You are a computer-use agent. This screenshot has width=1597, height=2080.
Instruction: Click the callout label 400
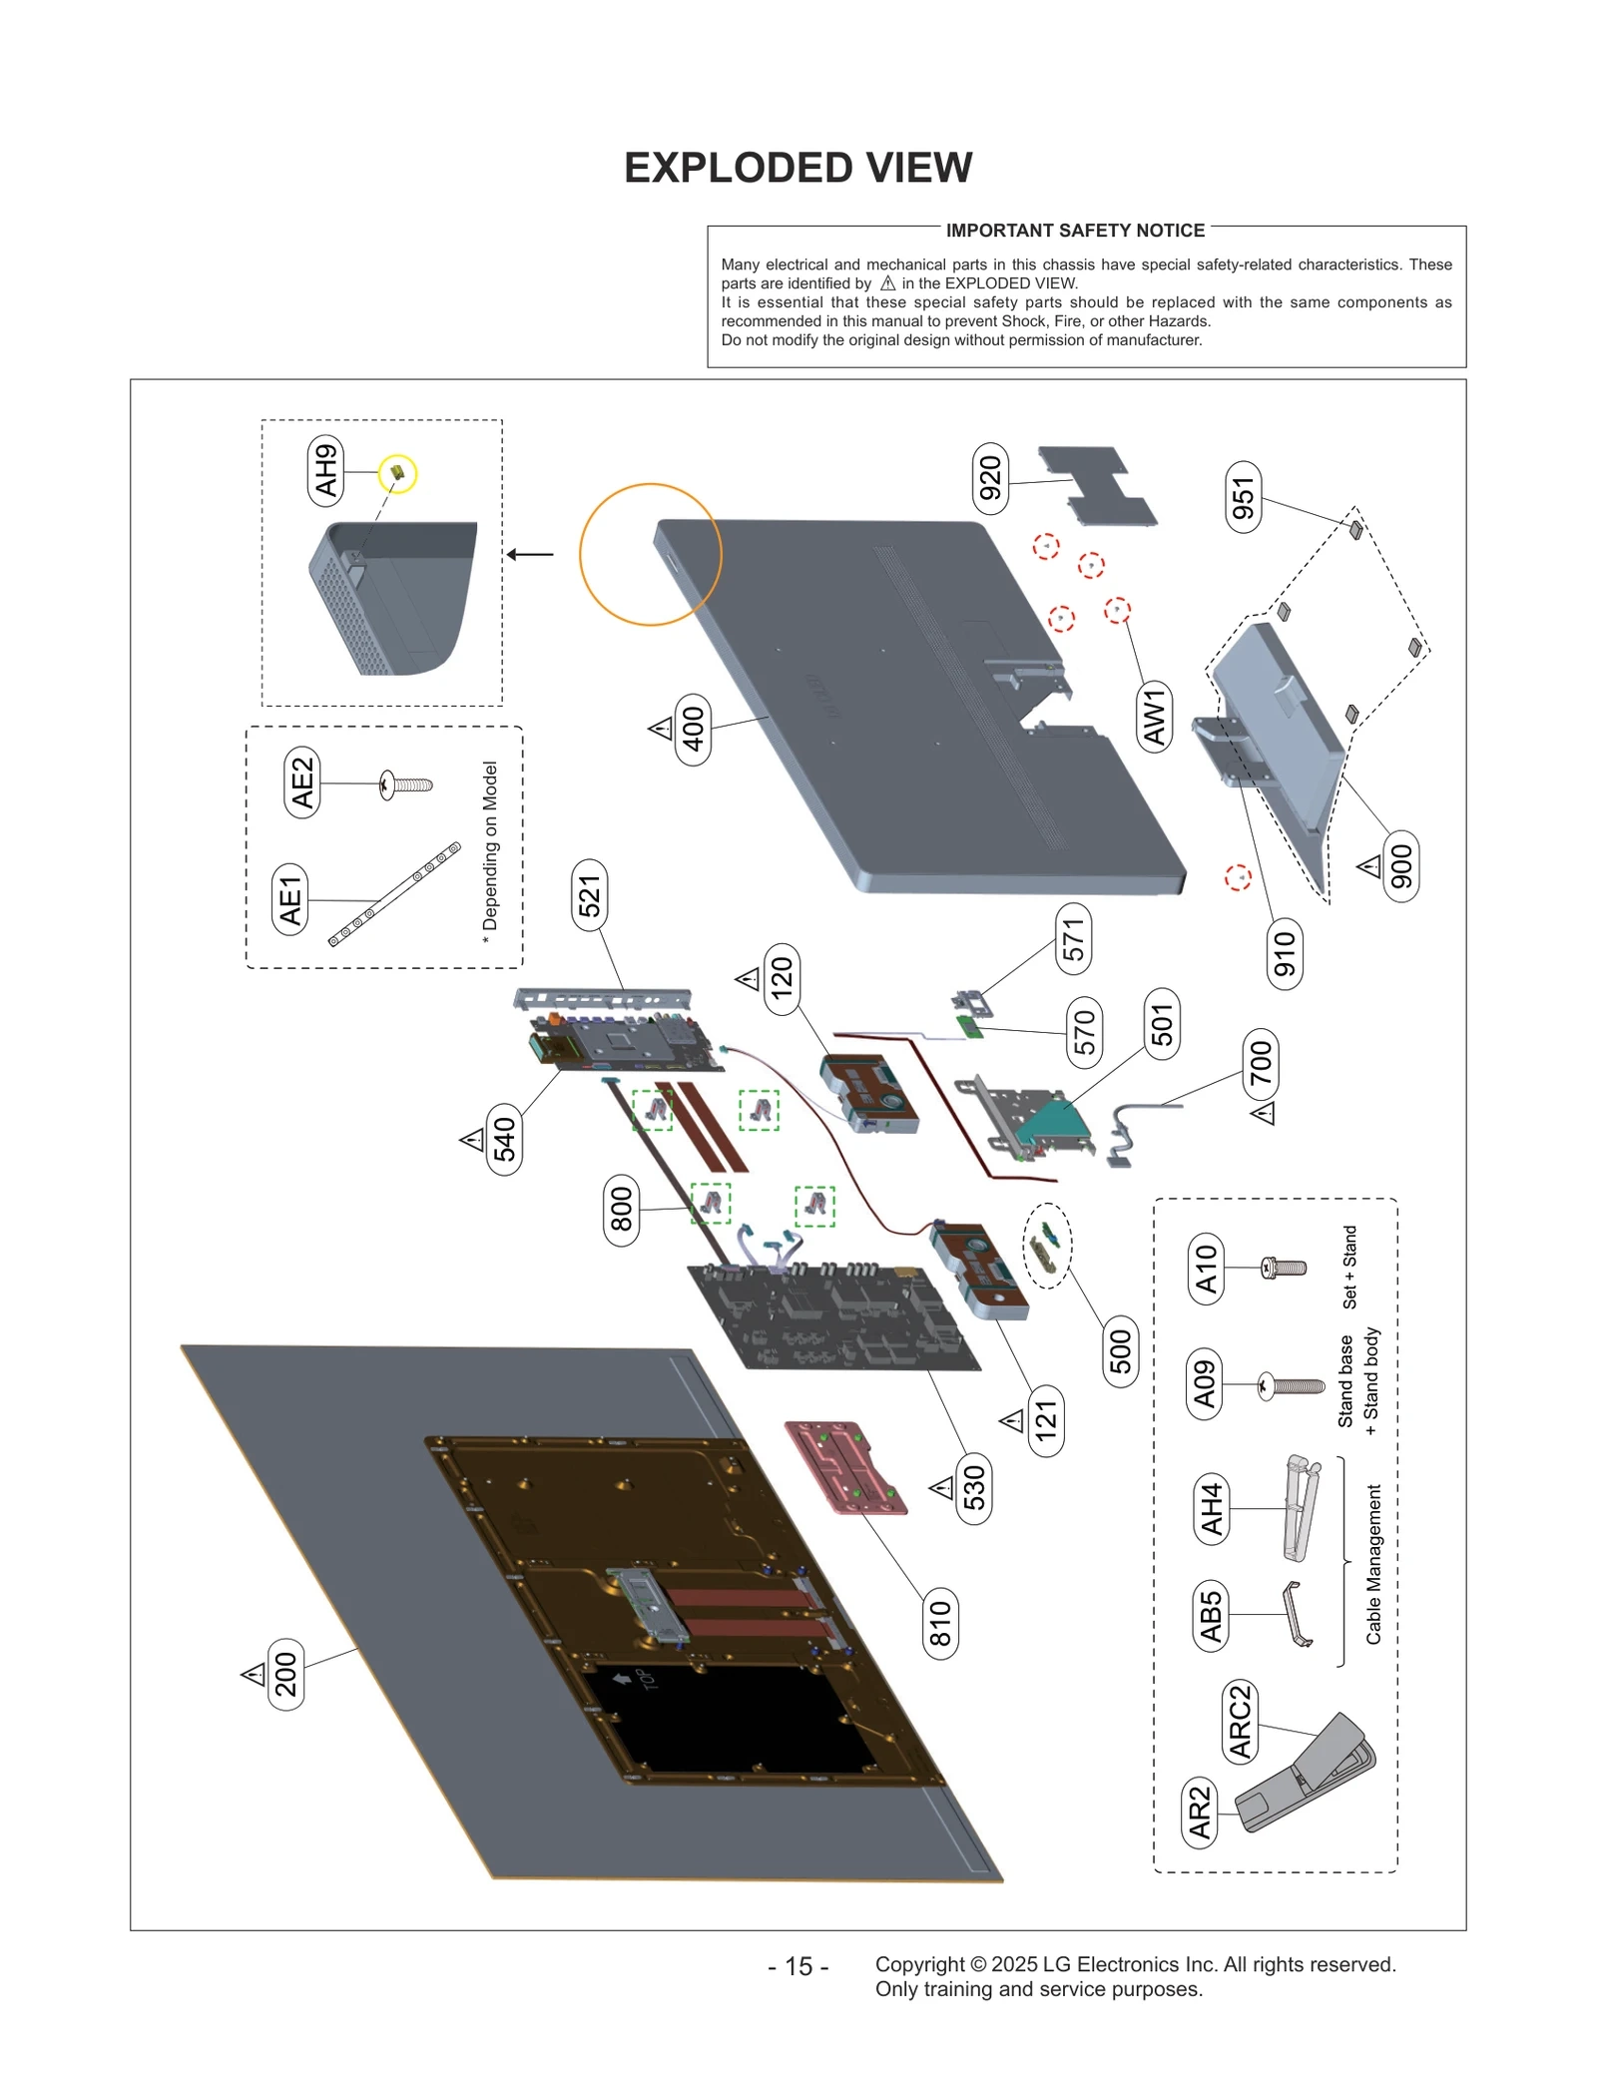[x=693, y=729]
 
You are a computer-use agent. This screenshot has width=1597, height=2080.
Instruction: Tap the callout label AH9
[x=325, y=471]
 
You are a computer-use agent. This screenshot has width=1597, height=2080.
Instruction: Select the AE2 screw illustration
[x=406, y=784]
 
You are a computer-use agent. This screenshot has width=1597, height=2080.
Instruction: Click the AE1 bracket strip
[x=395, y=893]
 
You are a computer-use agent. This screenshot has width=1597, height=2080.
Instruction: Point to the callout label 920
[x=989, y=478]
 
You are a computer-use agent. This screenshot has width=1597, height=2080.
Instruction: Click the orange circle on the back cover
[x=650, y=554]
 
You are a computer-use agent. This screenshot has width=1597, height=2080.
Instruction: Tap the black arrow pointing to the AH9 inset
[x=530, y=554]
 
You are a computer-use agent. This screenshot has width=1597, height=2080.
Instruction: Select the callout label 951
[x=1242, y=497]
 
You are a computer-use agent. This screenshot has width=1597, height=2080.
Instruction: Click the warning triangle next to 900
[x=1369, y=865]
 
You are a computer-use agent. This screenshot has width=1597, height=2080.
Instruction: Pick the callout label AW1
[x=1154, y=717]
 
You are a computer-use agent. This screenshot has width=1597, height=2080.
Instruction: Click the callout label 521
[x=589, y=894]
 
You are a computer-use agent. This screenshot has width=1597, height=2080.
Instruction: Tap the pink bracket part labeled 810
[x=845, y=1466]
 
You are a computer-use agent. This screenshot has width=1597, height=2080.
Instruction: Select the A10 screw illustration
[x=1284, y=1268]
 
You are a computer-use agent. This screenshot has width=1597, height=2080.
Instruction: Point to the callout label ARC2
[x=1240, y=1721]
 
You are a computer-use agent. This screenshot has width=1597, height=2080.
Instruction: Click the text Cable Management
[x=1373, y=1563]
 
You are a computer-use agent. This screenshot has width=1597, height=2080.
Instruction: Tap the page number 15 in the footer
[x=798, y=1965]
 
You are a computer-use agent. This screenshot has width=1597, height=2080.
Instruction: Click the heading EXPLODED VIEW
[x=798, y=168]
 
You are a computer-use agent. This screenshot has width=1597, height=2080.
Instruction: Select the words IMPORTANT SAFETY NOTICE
[x=1075, y=231]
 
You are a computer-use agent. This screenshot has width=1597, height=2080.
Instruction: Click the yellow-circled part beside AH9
[x=397, y=474]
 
